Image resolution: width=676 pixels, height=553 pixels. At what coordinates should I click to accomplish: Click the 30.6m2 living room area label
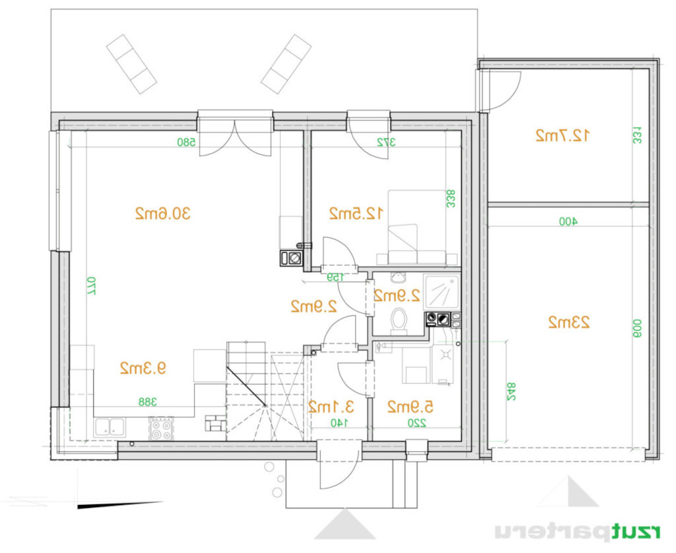[163, 213]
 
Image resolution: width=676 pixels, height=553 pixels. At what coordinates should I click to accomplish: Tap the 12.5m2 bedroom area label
[356, 213]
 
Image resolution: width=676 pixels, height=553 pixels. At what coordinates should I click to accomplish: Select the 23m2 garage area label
[569, 322]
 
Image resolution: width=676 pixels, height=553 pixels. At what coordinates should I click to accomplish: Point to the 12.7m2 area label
[562, 135]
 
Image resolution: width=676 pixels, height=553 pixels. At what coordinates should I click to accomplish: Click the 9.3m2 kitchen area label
[143, 368]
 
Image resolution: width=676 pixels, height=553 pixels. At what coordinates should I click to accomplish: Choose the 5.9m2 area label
[410, 407]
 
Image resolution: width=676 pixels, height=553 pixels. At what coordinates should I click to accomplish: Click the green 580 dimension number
[186, 142]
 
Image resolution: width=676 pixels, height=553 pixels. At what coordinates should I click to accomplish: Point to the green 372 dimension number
[386, 142]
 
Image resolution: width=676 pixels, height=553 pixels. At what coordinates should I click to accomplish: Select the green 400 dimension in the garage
[568, 222]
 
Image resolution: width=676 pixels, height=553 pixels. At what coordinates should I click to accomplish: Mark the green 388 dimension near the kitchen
[148, 402]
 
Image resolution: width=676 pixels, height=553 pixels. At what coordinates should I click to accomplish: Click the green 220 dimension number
[417, 423]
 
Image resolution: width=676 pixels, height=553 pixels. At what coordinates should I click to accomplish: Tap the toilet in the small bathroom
[398, 320]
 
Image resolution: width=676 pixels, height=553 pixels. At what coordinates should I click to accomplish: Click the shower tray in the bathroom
[442, 292]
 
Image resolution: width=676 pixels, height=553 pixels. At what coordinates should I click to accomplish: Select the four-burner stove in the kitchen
[161, 428]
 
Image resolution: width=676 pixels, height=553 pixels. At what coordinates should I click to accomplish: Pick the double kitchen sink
[110, 428]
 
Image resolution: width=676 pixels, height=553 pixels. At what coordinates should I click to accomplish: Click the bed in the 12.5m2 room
[417, 227]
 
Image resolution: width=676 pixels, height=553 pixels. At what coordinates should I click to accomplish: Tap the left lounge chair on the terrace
[132, 64]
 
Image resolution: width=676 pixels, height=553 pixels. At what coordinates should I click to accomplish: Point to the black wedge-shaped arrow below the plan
[120, 505]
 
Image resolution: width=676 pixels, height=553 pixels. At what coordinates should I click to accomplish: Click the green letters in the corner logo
[636, 532]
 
